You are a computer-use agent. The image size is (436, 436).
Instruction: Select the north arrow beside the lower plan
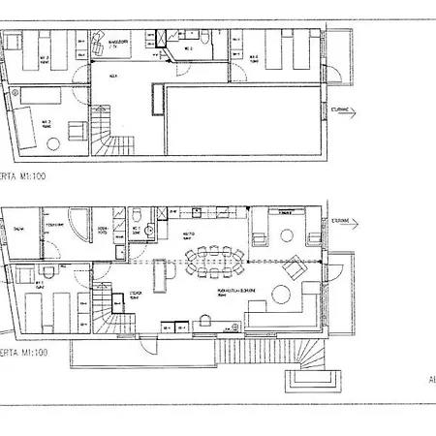(344, 222)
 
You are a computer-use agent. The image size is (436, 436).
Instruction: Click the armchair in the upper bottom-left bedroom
(47, 99)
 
